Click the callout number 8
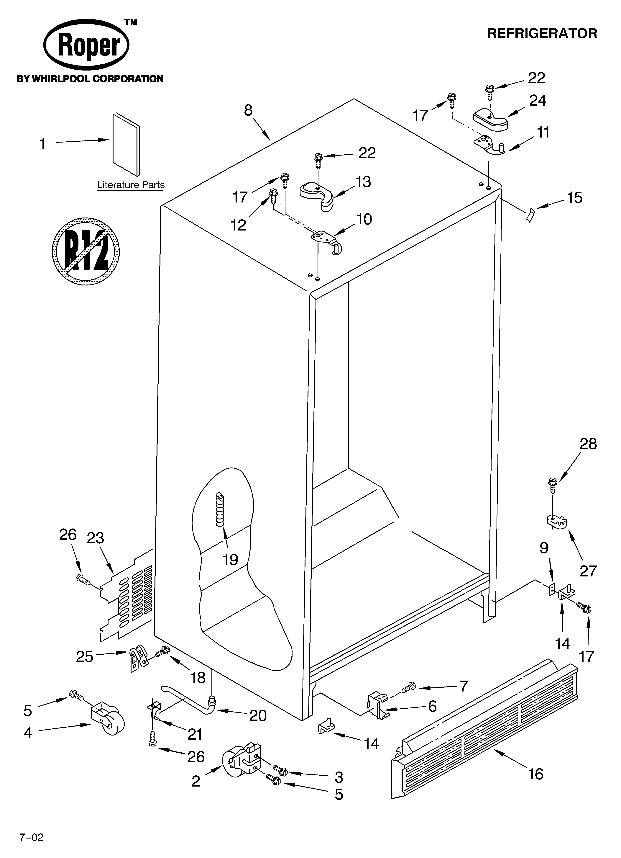(248, 110)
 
